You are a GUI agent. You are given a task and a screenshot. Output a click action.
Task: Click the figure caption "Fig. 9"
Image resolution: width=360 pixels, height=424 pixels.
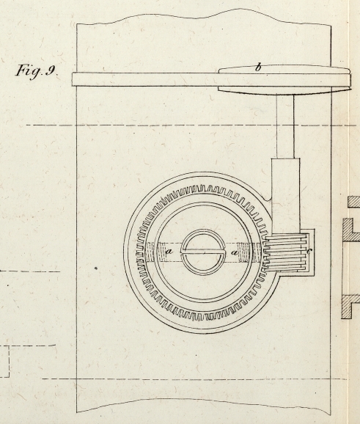[36, 71]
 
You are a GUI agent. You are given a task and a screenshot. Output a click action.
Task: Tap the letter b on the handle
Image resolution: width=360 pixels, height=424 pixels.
[258, 67]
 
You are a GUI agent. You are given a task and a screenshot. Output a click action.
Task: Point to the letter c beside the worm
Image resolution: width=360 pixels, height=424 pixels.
[309, 251]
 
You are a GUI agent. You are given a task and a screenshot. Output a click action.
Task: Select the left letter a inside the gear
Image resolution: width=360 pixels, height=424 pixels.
[169, 252]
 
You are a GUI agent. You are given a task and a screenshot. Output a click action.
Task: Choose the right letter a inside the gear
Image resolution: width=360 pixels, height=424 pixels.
[235, 253]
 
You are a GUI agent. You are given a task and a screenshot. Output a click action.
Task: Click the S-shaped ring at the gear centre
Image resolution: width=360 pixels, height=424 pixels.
[203, 252]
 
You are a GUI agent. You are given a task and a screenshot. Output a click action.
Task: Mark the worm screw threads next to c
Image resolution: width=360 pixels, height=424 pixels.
[286, 252]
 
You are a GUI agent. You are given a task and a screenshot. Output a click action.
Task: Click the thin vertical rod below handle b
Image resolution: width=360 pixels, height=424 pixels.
[285, 126]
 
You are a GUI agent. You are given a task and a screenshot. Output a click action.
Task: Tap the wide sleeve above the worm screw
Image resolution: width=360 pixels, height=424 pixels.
[286, 196]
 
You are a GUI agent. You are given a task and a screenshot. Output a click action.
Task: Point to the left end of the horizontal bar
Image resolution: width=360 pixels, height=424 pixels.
[73, 79]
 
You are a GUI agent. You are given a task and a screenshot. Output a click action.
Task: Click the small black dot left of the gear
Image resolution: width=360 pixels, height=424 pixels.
[96, 268]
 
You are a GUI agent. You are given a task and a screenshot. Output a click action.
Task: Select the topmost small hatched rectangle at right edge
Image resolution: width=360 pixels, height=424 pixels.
[354, 202]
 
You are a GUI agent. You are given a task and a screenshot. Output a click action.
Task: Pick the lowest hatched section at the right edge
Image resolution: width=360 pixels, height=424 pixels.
[350, 307]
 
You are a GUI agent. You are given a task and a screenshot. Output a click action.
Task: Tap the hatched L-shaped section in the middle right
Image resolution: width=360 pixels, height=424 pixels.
[350, 230]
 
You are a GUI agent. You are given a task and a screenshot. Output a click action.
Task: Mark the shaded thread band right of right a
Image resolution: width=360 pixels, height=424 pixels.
[249, 252]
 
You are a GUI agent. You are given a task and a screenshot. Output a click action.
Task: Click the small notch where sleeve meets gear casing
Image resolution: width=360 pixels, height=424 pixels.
[268, 200]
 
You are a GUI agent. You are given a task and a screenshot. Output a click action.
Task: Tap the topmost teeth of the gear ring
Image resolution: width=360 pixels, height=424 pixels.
[202, 189]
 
